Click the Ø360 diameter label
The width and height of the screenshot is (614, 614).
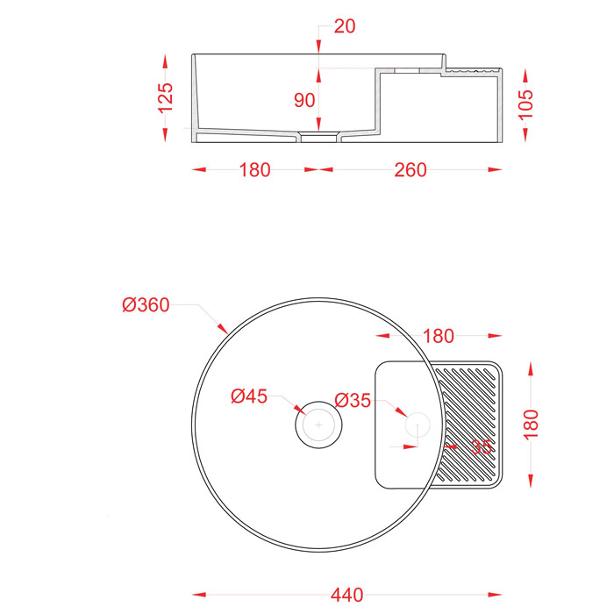click(x=146, y=304)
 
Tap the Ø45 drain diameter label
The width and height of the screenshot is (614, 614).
click(x=249, y=396)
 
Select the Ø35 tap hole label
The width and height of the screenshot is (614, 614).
click(x=353, y=400)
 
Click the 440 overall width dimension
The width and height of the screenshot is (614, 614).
click(x=347, y=596)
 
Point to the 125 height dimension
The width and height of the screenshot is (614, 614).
click(x=165, y=98)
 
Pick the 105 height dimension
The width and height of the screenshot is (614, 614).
click(x=525, y=104)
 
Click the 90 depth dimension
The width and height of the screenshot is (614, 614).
click(x=304, y=100)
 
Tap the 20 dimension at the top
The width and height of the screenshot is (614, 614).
click(x=345, y=26)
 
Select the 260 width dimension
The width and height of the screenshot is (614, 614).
click(x=411, y=170)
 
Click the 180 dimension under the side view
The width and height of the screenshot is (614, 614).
click(x=254, y=170)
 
